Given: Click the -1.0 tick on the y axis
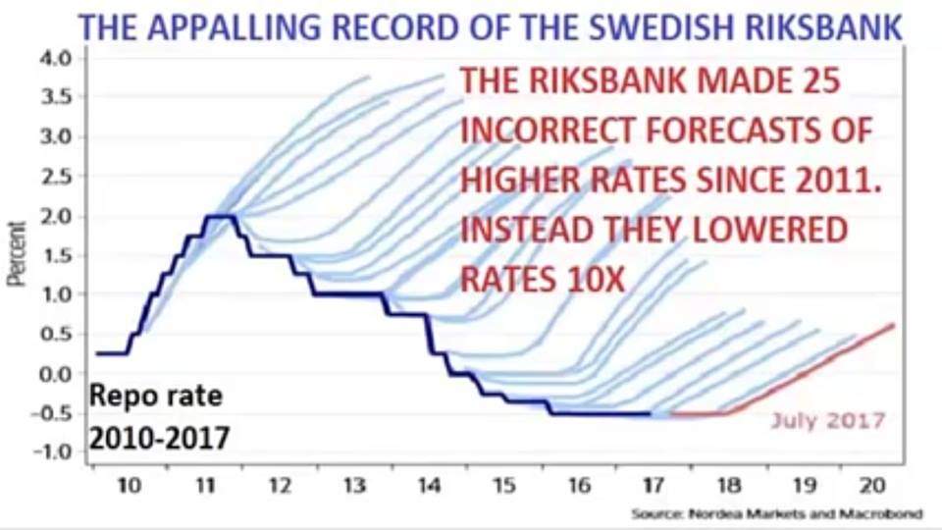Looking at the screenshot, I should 55,452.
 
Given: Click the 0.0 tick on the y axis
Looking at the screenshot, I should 58,374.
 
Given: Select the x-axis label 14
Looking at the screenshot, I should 429,486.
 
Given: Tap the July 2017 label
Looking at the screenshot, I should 827,421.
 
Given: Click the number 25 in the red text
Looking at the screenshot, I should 816,83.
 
